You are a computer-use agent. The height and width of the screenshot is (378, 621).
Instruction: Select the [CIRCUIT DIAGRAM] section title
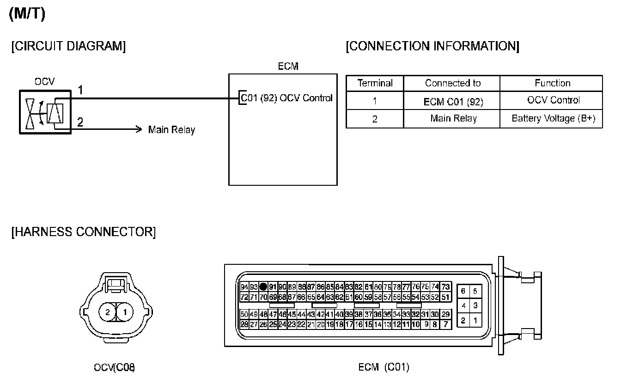click(x=68, y=47)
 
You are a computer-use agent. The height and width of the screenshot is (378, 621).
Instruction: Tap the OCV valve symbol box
click(x=45, y=112)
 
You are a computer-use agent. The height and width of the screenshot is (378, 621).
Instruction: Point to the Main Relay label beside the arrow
click(x=171, y=130)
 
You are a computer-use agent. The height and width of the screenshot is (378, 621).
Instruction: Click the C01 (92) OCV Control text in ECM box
click(x=287, y=98)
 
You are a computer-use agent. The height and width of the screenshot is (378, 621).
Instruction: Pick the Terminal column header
click(x=375, y=83)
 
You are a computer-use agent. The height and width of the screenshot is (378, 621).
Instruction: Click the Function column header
click(x=552, y=83)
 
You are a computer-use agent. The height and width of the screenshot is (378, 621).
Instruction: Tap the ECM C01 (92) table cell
click(x=453, y=101)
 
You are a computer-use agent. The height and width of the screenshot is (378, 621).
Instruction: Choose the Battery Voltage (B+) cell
click(x=553, y=118)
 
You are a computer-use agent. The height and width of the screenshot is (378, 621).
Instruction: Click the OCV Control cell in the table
click(x=553, y=100)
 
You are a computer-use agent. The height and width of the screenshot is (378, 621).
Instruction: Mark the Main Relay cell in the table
click(x=453, y=118)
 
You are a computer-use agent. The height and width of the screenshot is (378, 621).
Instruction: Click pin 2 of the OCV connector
click(x=107, y=312)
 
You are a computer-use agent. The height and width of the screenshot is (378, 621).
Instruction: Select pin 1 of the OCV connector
click(x=124, y=312)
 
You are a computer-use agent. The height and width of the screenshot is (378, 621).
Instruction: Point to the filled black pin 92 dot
click(x=263, y=287)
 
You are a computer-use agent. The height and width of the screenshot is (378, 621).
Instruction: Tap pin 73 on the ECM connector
click(x=445, y=287)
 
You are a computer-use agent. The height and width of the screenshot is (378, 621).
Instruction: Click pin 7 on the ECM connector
click(x=445, y=324)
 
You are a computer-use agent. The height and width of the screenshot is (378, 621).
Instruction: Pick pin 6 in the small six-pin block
click(x=463, y=292)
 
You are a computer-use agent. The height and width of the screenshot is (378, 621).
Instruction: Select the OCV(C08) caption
click(x=115, y=368)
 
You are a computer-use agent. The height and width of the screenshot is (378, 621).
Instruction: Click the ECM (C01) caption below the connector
click(x=384, y=368)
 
